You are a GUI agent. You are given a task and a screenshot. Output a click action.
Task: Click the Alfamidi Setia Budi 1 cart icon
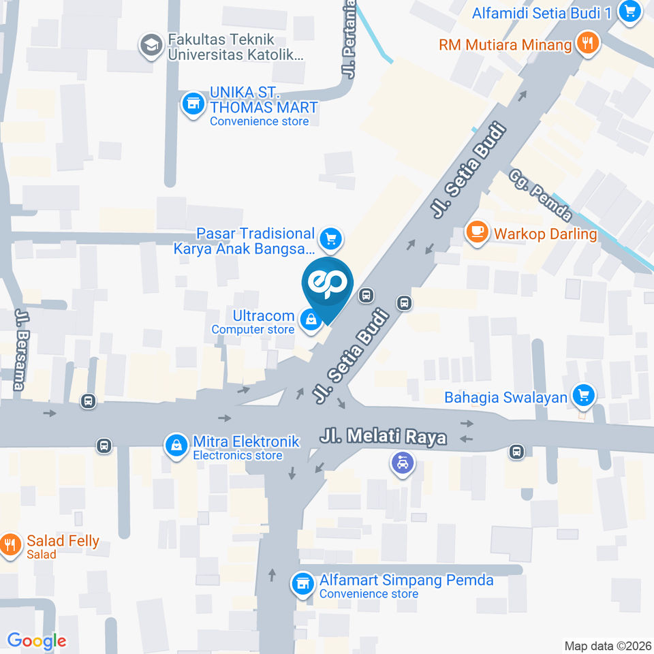coord(628,12)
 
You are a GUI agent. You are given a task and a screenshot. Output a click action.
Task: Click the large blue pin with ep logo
coord(327,284)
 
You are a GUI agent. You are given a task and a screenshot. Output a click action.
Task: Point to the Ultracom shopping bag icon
coord(311,319)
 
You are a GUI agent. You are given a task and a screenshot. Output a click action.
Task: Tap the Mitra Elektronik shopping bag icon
coord(176,446)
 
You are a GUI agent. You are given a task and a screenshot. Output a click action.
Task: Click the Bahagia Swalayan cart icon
coord(583,395)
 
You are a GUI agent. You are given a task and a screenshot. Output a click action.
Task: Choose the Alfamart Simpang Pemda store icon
coord(302,583)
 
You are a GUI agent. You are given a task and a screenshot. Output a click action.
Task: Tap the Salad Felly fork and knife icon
coord(10,545)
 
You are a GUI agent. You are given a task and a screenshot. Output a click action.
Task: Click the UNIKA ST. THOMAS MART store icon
coord(193,104)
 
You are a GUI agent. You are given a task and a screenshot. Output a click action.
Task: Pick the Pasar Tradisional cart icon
coord(331,238)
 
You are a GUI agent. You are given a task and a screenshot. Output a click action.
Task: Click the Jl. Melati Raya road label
coord(383,437)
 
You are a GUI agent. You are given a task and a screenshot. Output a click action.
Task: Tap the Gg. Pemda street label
coord(540,195)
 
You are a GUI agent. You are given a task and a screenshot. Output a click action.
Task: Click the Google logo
coord(37,640)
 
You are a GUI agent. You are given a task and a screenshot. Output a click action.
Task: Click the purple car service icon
coord(402,464)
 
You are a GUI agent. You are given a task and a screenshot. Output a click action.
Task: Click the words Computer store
coord(253,330)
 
